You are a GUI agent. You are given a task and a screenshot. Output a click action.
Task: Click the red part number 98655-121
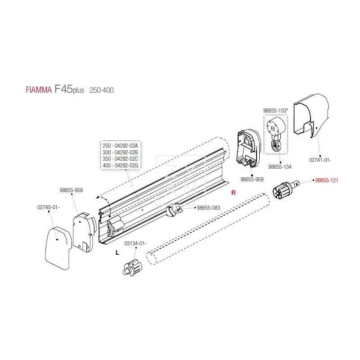(x=326, y=180)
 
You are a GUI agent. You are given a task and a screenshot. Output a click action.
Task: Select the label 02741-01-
(x=319, y=159)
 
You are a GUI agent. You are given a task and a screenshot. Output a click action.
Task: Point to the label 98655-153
(x=275, y=110)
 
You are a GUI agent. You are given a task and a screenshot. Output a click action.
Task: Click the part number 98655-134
(x=280, y=166)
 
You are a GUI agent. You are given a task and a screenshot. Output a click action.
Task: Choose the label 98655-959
(x=252, y=179)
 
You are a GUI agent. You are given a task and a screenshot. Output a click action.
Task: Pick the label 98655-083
(x=208, y=208)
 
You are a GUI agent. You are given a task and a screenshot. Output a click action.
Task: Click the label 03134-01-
(x=135, y=243)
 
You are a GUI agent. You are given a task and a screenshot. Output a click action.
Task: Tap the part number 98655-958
(x=71, y=190)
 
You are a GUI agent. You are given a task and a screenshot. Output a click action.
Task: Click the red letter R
(x=233, y=193)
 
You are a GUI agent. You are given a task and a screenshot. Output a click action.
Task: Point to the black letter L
(x=117, y=253)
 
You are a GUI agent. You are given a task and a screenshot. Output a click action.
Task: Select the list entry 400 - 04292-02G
(x=120, y=166)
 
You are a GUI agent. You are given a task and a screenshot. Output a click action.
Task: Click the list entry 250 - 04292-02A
(x=120, y=145)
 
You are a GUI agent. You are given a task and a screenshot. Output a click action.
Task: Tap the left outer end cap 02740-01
(x=57, y=247)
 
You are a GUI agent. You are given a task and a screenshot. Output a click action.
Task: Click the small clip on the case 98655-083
(x=174, y=210)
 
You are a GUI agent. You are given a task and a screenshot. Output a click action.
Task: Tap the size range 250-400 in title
(x=101, y=90)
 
